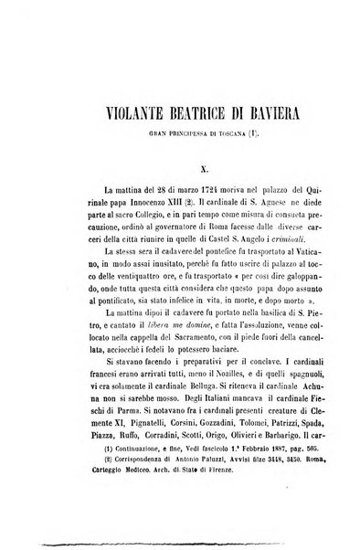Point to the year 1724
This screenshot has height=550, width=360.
159,196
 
